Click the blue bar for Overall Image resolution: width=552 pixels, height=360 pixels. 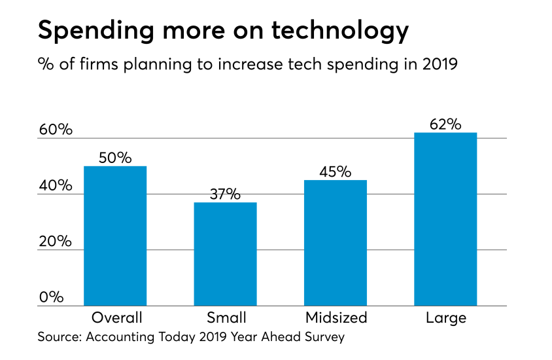tap(115, 236)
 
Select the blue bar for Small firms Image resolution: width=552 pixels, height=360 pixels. tap(226, 254)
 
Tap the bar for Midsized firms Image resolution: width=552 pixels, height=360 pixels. tap(336, 243)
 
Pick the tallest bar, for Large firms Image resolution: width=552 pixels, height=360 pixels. tap(445, 219)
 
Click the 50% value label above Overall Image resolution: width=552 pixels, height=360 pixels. tap(115, 158)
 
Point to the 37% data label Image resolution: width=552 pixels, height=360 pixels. tap(225, 194)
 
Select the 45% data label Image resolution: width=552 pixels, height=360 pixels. tap(336, 171)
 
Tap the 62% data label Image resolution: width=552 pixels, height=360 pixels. tap(446, 124)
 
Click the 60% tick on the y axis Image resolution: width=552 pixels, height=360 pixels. tap(56, 130)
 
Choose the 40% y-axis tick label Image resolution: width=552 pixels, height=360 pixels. tap(56, 185)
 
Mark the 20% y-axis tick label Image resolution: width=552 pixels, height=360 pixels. tap(56, 241)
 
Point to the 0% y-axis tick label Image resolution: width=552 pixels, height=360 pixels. tap(51, 297)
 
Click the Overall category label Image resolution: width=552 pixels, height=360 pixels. tap(115, 318)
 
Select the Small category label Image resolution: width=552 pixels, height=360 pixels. tap(226, 318)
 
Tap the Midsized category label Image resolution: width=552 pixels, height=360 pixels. tap(336, 318)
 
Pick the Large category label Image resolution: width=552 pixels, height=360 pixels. tap(445, 318)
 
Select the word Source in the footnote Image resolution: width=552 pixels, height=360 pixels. tap(61, 338)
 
